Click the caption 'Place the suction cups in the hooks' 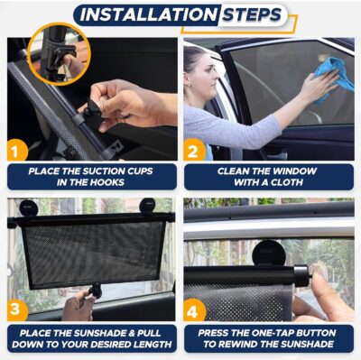coord(92,176)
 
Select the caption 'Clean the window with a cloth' coord(269,176)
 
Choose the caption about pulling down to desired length coord(92,337)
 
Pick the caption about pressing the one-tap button coord(269,337)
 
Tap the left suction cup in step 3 coord(28,208)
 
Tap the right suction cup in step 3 coord(148,207)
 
